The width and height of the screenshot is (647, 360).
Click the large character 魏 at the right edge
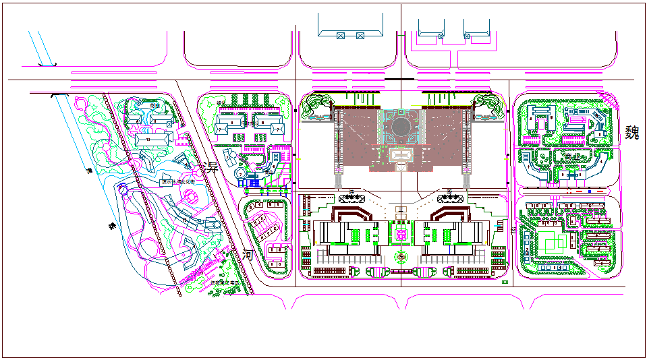pos(632,131)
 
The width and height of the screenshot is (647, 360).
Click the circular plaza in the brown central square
pos(401,127)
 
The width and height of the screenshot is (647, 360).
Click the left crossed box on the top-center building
pos(341,35)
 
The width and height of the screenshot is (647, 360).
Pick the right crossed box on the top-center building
pos(360,35)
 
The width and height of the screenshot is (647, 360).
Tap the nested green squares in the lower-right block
pos(551,241)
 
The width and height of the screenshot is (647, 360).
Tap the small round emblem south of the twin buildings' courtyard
pos(401,256)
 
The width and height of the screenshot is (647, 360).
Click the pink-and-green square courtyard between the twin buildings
pos(401,233)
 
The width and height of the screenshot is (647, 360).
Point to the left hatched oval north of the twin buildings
pos(352,197)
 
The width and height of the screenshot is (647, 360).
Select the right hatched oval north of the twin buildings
pos(449,197)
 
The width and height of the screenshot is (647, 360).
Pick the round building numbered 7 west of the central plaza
pos(240,174)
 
